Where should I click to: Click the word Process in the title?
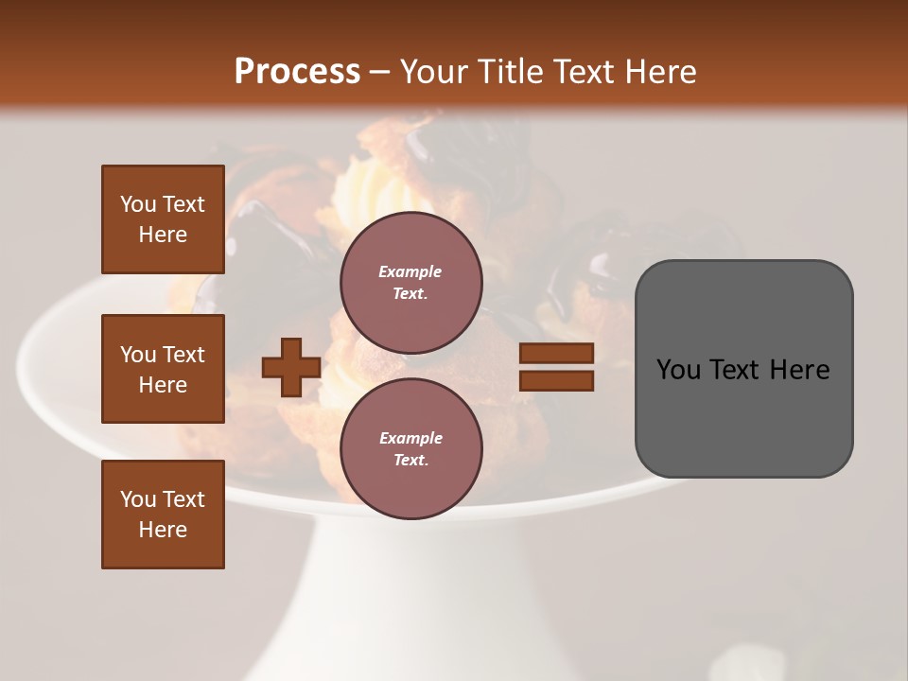[297, 72]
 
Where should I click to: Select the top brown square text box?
[163, 219]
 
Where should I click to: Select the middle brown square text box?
[163, 369]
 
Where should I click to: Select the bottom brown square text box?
[163, 515]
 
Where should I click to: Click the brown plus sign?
[291, 367]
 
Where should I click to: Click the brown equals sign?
[557, 367]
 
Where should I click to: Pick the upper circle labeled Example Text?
[410, 283]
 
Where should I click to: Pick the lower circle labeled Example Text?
[410, 449]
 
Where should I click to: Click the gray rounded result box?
[743, 369]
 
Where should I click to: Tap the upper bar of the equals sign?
[557, 354]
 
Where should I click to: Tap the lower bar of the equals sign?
[557, 381]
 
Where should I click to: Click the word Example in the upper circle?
[410, 271]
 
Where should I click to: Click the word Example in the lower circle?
[410, 438]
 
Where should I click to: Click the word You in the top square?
[138, 204]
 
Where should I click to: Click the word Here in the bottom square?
[163, 530]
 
